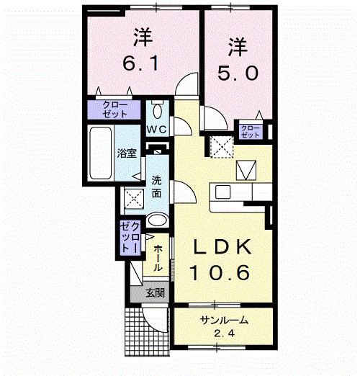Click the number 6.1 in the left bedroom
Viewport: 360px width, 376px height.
point(141,64)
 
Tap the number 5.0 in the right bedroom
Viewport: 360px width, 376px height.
point(238,73)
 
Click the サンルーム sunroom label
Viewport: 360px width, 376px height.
point(222,322)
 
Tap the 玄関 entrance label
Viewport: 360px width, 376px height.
point(155,293)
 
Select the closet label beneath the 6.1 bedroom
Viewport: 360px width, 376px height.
point(116,111)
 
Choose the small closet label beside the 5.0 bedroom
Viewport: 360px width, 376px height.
point(251,131)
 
